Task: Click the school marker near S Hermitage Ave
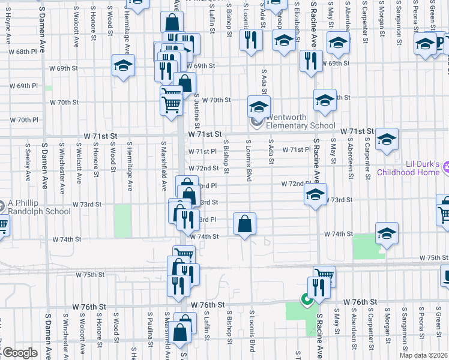(x=123, y=65)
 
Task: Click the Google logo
(x=20, y=353)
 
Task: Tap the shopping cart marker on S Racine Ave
(x=324, y=277)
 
